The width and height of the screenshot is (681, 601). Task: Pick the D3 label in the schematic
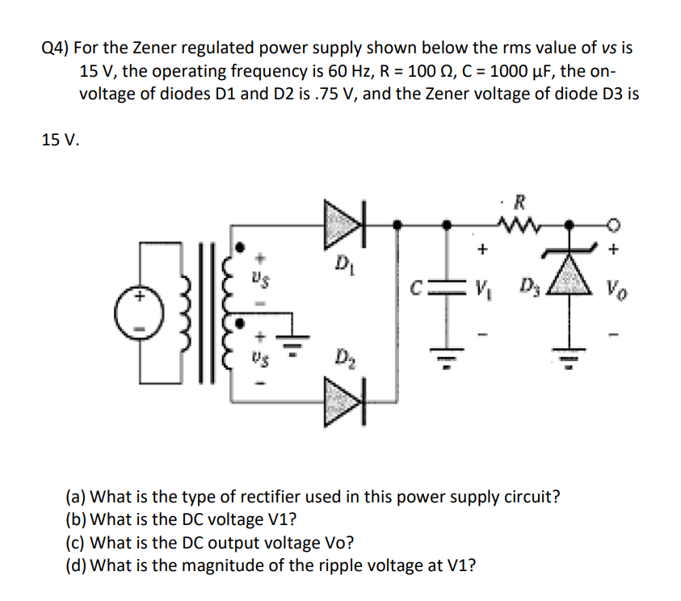click(x=530, y=287)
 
